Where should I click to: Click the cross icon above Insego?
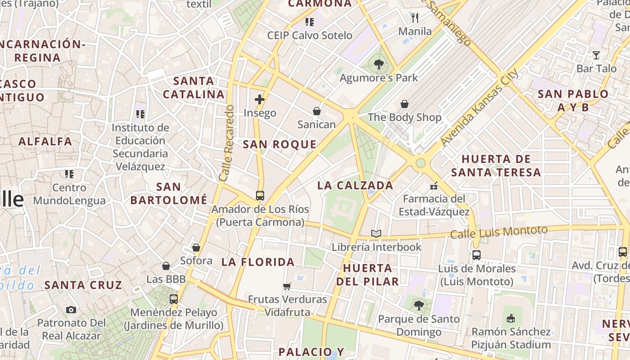(x=260, y=99)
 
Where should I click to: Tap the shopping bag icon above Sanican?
(x=317, y=111)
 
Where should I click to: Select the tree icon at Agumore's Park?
(x=378, y=65)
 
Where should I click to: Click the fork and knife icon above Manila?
(x=415, y=18)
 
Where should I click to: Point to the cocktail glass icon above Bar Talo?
(x=596, y=55)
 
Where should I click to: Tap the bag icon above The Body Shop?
(x=405, y=104)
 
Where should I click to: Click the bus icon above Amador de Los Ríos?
(x=260, y=196)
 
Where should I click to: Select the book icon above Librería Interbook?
(x=376, y=234)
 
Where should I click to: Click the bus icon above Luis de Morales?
(x=477, y=255)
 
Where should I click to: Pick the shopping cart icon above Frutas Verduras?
(x=287, y=286)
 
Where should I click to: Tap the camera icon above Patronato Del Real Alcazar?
(x=71, y=310)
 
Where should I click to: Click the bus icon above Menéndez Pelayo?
(x=174, y=299)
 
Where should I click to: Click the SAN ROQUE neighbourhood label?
(x=279, y=144)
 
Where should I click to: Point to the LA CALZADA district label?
(x=355, y=185)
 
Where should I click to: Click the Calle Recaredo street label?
(x=227, y=143)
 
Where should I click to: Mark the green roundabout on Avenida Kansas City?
(x=420, y=163)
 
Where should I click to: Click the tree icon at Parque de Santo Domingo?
(x=419, y=306)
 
